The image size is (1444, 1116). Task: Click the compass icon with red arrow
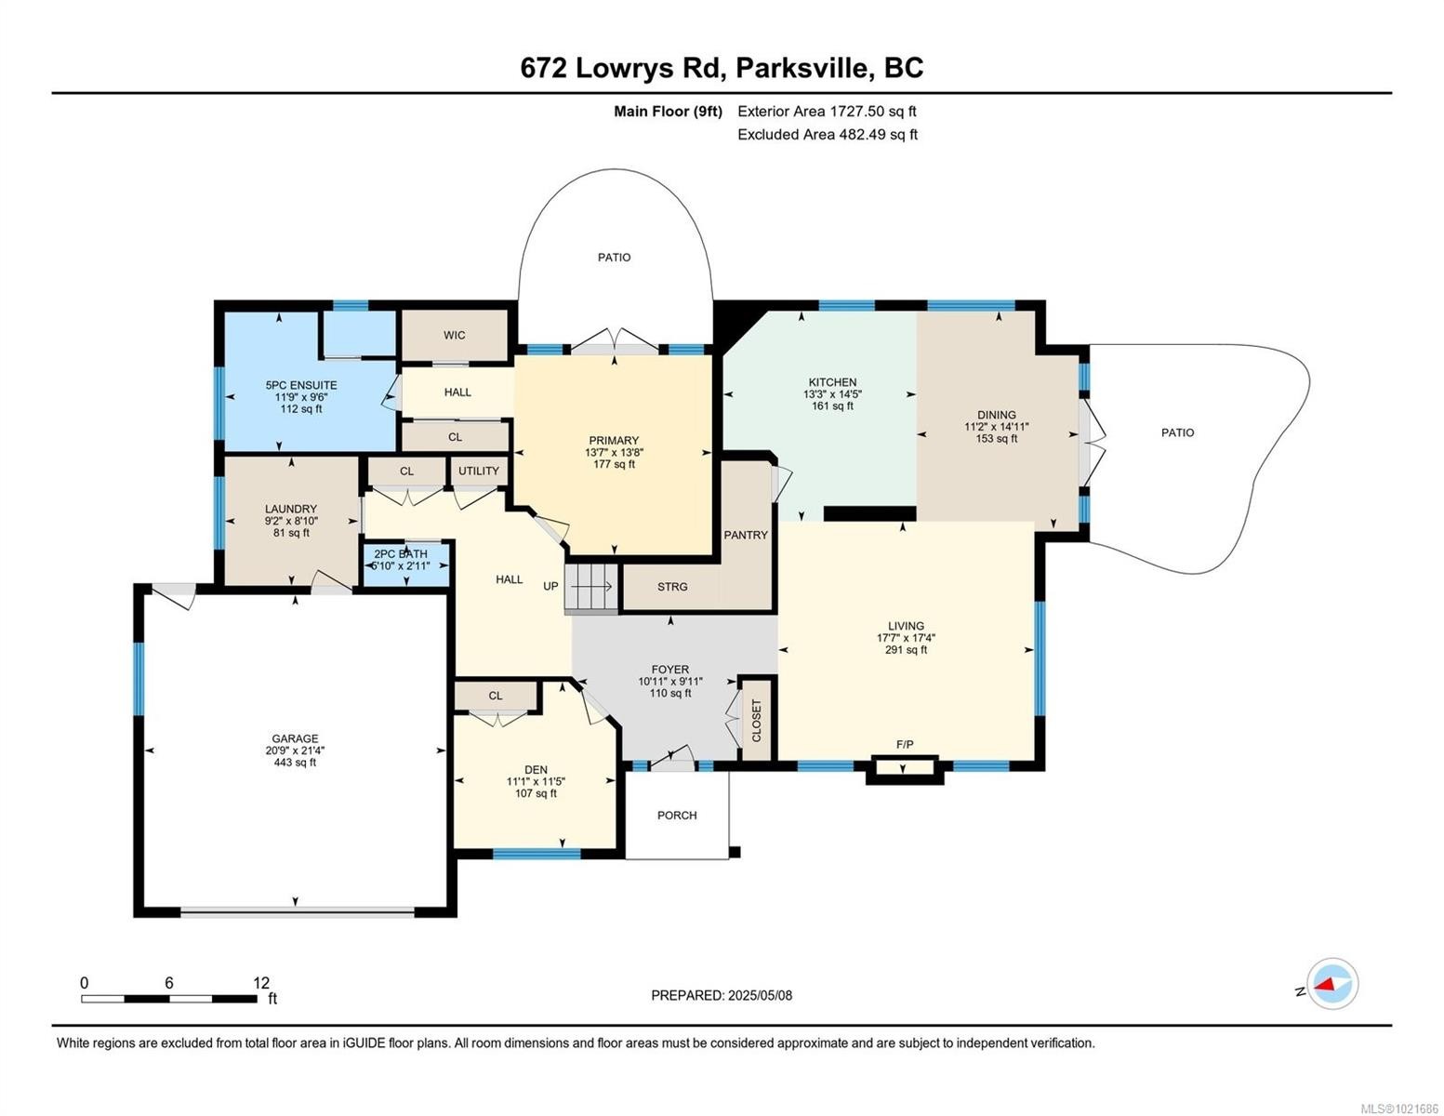click(1331, 983)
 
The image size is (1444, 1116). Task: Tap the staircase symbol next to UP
click(591, 588)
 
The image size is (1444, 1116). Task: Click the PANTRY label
click(746, 535)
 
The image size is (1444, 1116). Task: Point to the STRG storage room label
click(672, 587)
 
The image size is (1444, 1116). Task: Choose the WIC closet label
click(454, 335)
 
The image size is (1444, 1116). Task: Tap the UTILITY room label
click(478, 471)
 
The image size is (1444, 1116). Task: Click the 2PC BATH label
click(401, 554)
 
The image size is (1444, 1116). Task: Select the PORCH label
click(677, 815)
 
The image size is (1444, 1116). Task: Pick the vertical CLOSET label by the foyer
click(756, 721)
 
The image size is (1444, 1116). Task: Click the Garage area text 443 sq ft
click(295, 763)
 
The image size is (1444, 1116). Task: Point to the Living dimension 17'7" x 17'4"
click(906, 638)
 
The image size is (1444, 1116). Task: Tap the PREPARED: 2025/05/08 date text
click(722, 995)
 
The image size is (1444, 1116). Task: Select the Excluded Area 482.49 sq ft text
click(827, 134)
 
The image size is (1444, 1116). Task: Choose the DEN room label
click(536, 769)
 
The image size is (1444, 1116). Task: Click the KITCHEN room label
click(832, 382)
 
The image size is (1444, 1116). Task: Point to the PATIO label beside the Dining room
click(1177, 432)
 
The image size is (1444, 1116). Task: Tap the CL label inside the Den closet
click(496, 696)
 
